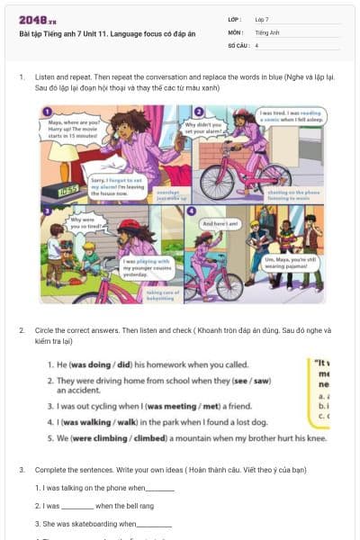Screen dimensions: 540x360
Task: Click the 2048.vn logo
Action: (x=38, y=19)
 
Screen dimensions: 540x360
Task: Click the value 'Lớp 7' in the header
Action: (x=262, y=19)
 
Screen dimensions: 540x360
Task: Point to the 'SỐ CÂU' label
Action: (x=238, y=44)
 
